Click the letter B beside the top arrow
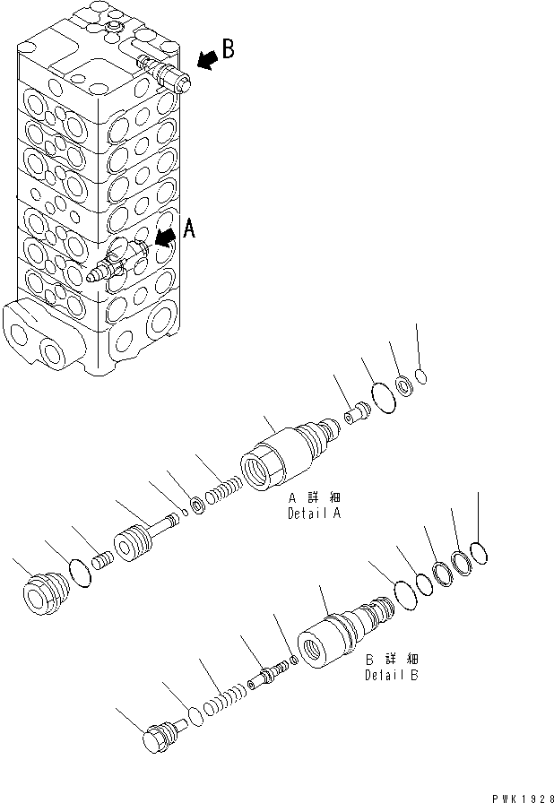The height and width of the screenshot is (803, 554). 229,49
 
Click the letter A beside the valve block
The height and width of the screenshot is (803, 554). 189,230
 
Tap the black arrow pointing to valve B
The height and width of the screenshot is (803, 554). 205,59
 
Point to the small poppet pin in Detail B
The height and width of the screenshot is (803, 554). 270,673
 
